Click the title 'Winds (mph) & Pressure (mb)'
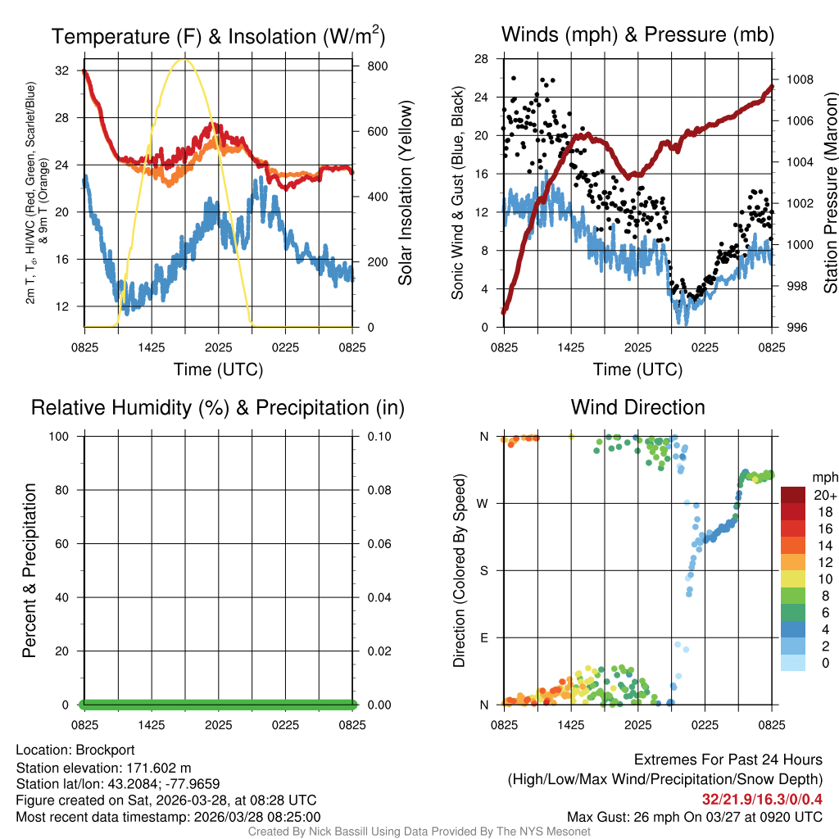(x=637, y=34)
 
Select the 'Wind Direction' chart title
(x=637, y=407)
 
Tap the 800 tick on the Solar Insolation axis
(x=371, y=66)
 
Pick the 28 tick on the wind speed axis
(x=483, y=59)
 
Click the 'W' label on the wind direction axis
(x=484, y=503)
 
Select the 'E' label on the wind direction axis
(x=484, y=637)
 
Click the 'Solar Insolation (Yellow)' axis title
(x=405, y=193)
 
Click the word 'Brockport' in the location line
(x=105, y=750)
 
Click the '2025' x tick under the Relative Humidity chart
(x=219, y=725)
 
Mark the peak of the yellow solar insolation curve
(x=185, y=59)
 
